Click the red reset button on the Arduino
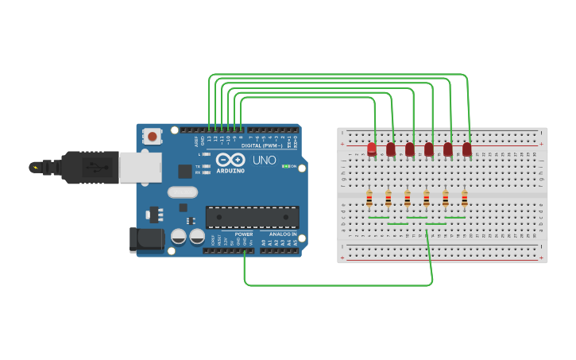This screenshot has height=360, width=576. (x=152, y=137)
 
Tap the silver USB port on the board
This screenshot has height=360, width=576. (x=140, y=167)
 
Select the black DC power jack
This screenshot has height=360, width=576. (x=146, y=241)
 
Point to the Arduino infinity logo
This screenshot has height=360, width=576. (x=230, y=160)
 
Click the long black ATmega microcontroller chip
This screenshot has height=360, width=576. (x=253, y=217)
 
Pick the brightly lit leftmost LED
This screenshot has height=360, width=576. (x=372, y=149)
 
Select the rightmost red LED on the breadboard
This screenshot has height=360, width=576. (x=467, y=149)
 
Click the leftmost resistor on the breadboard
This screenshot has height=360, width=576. (x=369, y=199)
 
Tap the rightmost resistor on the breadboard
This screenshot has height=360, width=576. (x=465, y=199)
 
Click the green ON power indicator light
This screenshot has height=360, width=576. (x=285, y=167)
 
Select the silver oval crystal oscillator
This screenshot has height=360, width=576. (x=182, y=192)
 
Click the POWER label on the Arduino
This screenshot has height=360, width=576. (x=244, y=234)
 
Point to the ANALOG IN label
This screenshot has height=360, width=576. (x=282, y=234)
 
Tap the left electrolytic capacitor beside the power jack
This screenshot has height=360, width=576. (x=179, y=237)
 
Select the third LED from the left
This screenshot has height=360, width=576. (x=410, y=149)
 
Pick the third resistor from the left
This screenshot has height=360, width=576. (x=408, y=199)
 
